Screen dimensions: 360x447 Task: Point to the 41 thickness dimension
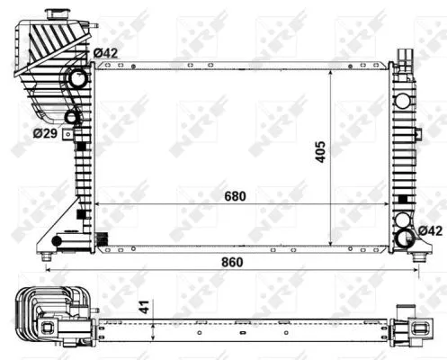click(x=141, y=307)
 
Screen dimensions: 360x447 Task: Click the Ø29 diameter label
click(x=45, y=134)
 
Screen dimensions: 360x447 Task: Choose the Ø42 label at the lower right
click(x=431, y=232)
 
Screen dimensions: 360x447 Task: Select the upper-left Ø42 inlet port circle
click(x=79, y=80)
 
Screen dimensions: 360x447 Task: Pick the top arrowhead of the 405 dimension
click(x=332, y=73)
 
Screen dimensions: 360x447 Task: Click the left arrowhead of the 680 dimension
click(x=99, y=205)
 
